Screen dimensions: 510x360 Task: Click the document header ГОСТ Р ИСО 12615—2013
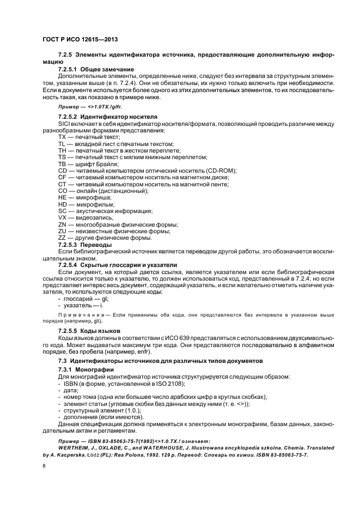(80, 39)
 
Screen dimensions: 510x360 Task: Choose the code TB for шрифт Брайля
(62, 163)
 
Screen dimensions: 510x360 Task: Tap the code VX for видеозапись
(62, 217)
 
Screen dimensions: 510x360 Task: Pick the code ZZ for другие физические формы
(62, 237)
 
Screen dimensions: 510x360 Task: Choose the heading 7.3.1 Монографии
(86, 369)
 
